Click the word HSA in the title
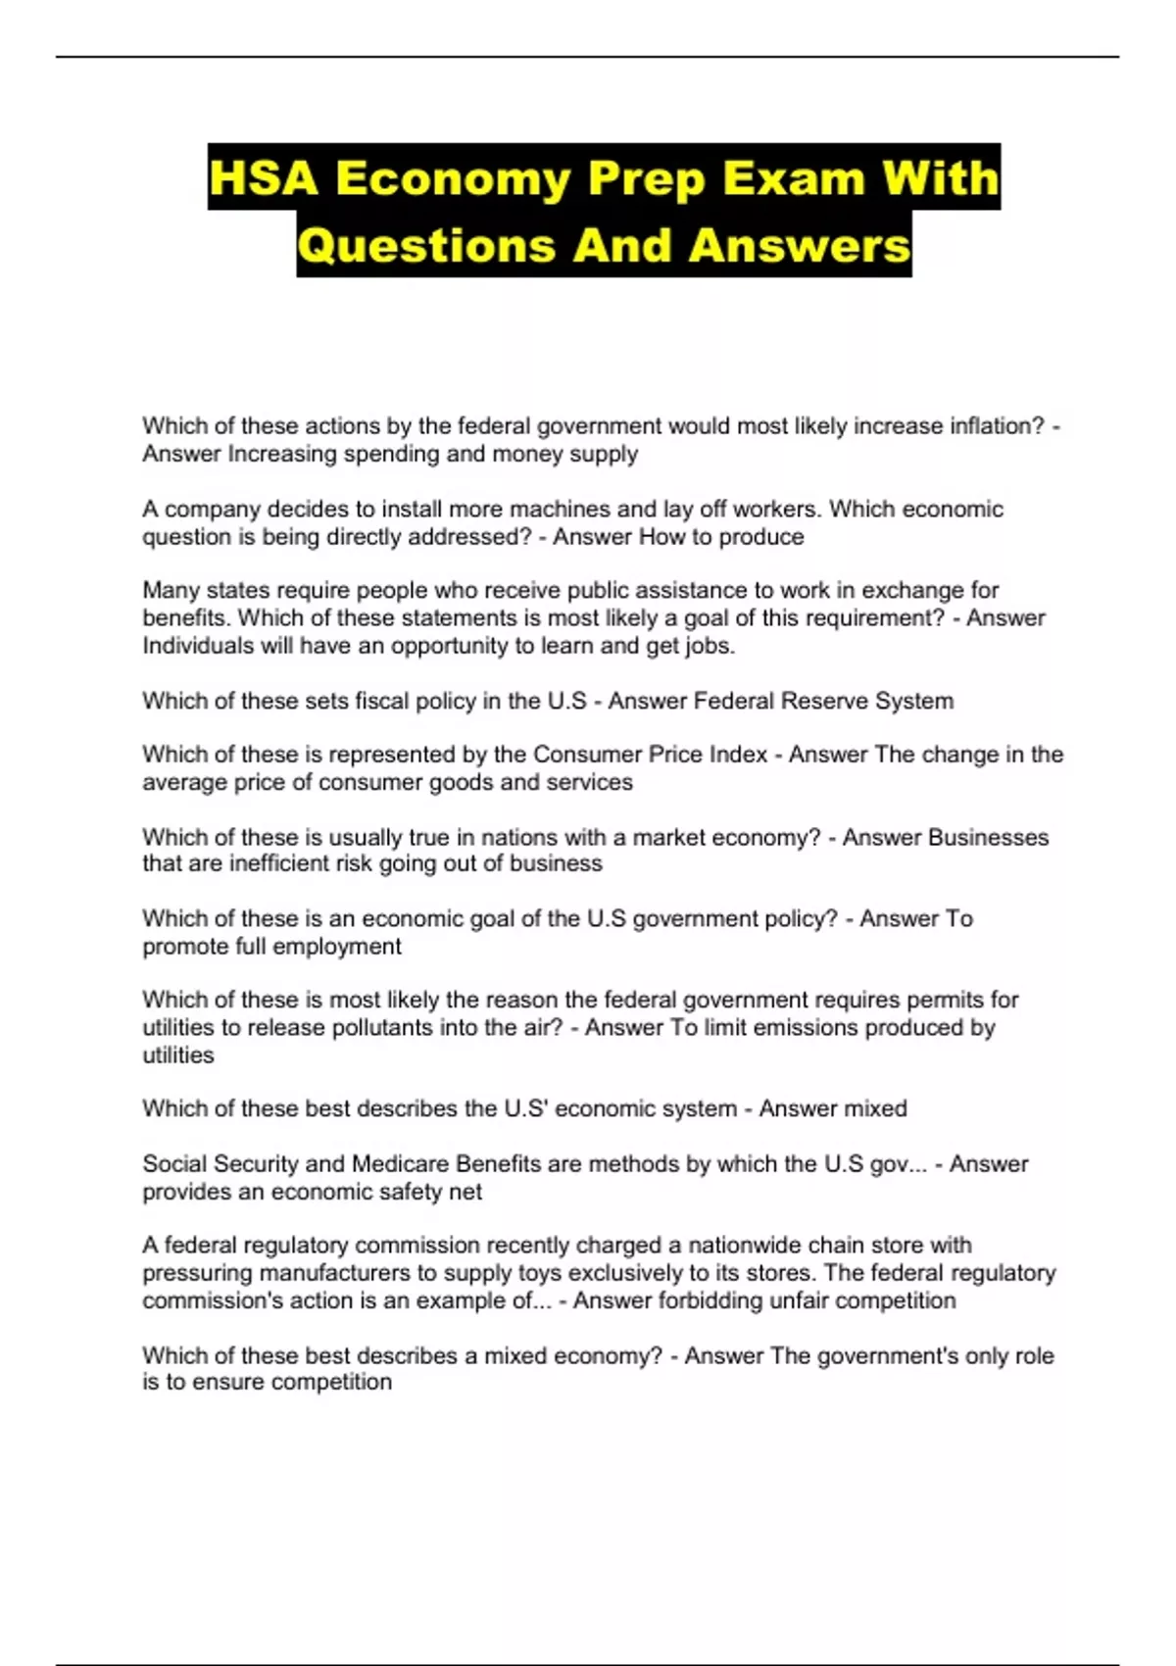[264, 178]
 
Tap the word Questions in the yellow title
[426, 245]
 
